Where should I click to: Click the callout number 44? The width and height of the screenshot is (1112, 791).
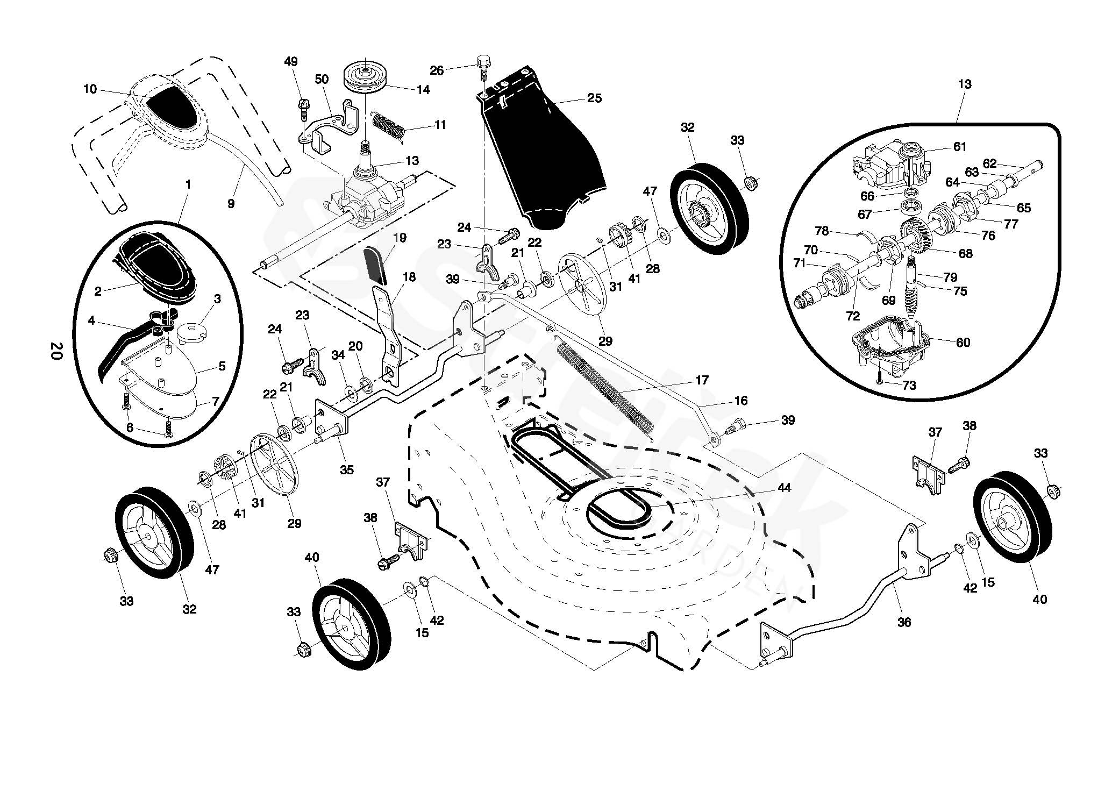[x=785, y=488]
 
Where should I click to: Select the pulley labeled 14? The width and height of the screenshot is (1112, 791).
[x=366, y=76]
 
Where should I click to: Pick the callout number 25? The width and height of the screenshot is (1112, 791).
[x=595, y=98]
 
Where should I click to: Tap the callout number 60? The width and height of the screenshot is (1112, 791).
[x=963, y=343]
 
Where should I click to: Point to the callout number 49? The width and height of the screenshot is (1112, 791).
[x=291, y=62]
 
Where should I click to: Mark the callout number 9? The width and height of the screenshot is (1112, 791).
[x=231, y=204]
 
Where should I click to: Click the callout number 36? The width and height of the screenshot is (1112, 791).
[x=905, y=622]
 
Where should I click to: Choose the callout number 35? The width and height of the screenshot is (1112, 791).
[x=347, y=469]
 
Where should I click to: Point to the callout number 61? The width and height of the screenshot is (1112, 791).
[x=960, y=146]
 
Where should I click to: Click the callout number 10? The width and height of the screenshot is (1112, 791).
[x=90, y=89]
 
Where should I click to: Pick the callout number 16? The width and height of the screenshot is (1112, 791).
[x=740, y=401]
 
